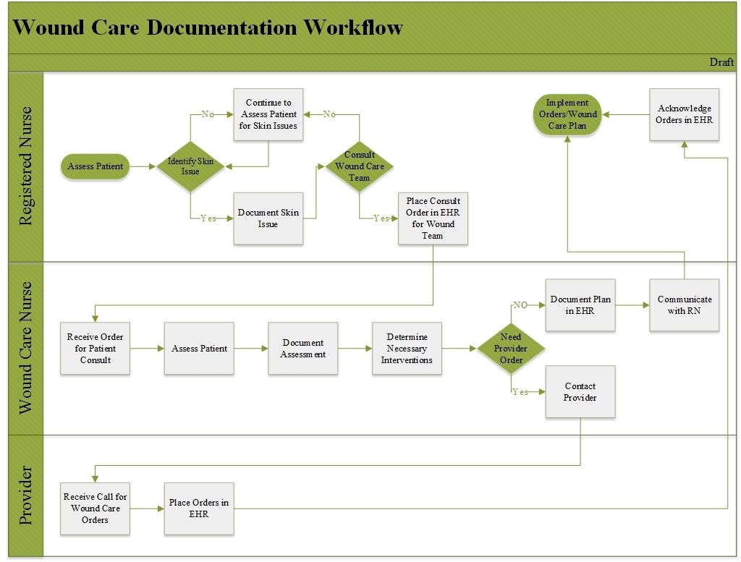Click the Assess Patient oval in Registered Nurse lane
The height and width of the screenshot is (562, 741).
96,166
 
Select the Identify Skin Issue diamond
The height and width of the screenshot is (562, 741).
190,166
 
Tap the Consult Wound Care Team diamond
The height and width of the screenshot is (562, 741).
360,166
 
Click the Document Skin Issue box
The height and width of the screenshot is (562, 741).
268,218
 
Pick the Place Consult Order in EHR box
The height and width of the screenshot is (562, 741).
433,218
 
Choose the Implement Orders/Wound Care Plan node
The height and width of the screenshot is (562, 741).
568,114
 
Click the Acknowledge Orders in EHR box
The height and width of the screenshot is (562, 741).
684,114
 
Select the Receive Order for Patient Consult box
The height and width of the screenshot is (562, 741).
95,349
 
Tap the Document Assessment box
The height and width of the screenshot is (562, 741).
302,349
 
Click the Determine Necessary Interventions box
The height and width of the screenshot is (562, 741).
407,349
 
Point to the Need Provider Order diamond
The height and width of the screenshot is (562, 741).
512,349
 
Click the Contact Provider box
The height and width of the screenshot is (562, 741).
580,392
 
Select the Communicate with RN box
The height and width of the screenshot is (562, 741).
684,305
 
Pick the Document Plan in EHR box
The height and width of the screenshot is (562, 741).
580,305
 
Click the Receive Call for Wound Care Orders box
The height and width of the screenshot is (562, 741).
95,508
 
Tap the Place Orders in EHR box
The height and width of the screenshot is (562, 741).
199,508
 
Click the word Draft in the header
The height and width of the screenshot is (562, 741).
721,62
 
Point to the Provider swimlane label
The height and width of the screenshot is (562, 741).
26,496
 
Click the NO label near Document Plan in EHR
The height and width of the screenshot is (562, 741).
520,305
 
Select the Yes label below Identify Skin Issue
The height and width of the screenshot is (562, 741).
208,218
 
